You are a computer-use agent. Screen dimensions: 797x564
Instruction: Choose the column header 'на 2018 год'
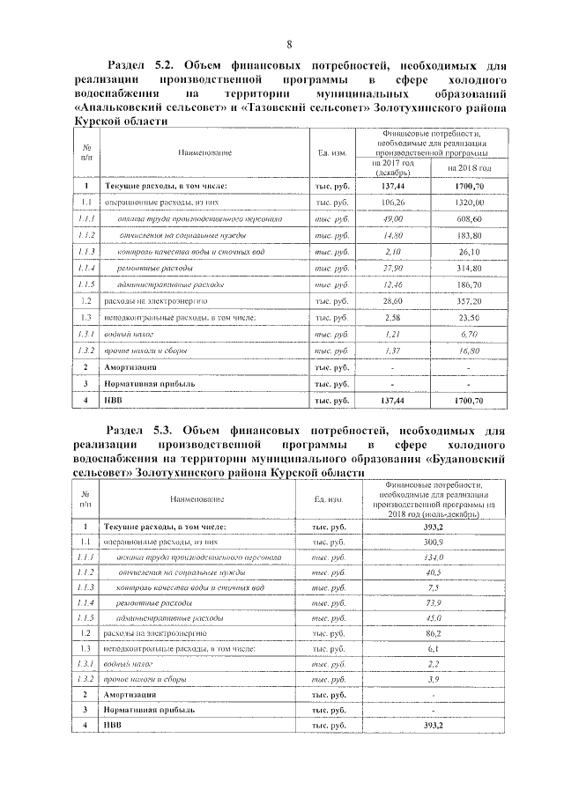point(468,167)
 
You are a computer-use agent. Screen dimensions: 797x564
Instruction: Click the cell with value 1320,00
point(468,203)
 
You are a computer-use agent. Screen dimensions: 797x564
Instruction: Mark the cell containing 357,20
point(468,300)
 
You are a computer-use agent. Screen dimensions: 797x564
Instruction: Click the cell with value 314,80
point(468,268)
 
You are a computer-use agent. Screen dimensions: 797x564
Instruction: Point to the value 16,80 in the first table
point(468,350)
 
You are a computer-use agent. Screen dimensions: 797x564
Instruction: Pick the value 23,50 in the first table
point(468,317)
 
